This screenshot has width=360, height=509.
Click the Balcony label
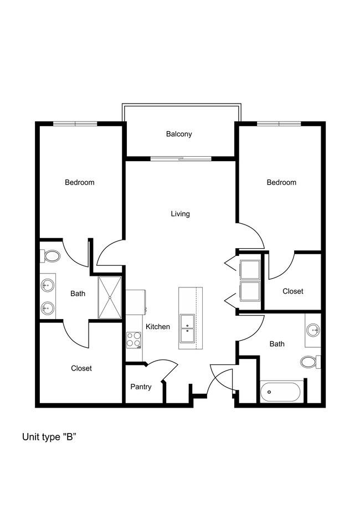[x=179, y=134]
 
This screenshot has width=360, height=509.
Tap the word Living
[x=180, y=214]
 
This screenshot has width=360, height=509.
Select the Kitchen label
[x=158, y=327]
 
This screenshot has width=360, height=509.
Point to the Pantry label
[x=141, y=387]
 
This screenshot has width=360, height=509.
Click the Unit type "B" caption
[x=49, y=437]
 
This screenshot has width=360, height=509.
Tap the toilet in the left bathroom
[x=50, y=256]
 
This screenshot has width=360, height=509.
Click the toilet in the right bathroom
[x=311, y=362]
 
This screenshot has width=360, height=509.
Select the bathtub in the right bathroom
[x=280, y=392]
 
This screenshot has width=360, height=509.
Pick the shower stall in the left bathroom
[x=110, y=297]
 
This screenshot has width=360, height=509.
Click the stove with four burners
[x=133, y=340]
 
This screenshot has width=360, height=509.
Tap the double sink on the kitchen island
[x=187, y=328]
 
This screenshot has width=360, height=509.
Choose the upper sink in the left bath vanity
[x=48, y=285]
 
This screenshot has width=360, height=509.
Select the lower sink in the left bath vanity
[x=48, y=307]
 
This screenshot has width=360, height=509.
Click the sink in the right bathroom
[x=313, y=331]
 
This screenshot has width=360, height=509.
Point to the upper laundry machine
[x=250, y=269]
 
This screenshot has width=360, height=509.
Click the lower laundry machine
[x=250, y=291]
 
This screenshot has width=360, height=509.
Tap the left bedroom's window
[x=75, y=124]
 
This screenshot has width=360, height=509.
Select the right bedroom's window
[x=279, y=124]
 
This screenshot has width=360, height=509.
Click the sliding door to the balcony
[x=181, y=159]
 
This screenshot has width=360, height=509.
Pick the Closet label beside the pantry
[x=81, y=368]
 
